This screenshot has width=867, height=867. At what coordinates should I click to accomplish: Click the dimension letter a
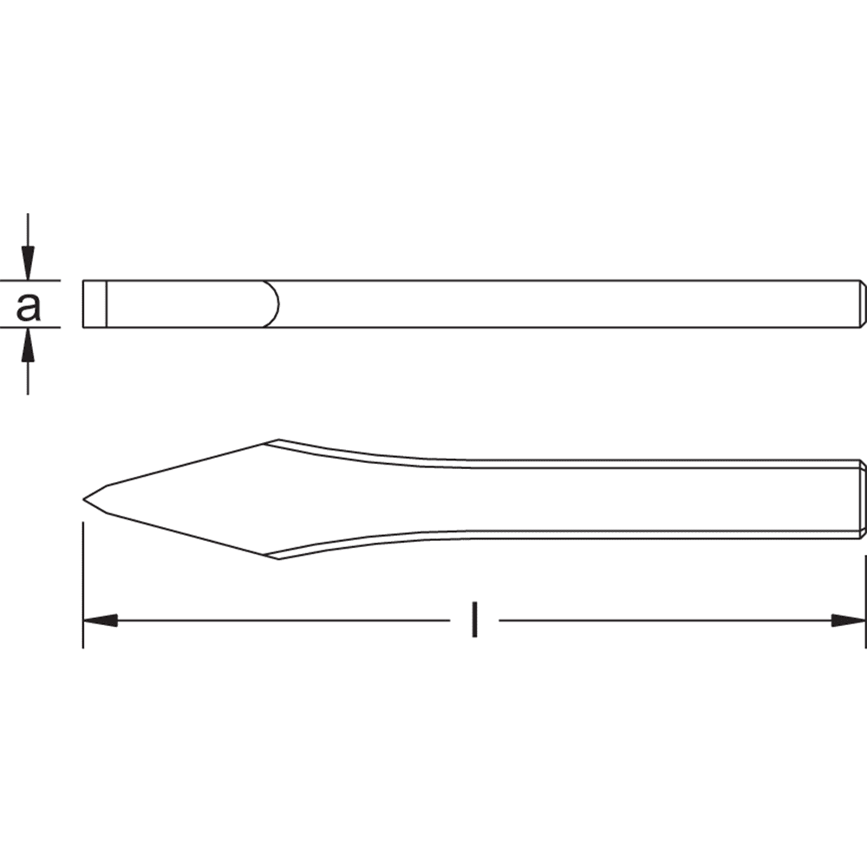pos(29,307)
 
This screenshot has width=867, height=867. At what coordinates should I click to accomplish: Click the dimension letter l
pos(474,620)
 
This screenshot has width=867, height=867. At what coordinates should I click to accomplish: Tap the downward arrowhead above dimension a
pos(29,263)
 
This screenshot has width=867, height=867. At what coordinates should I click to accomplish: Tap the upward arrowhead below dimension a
pos(29,345)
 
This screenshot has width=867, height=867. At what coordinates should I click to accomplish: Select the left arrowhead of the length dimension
pos(100,621)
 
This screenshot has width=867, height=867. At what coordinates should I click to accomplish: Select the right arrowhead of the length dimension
pos(849,621)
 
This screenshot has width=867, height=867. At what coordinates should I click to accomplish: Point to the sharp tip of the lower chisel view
pos(83,499)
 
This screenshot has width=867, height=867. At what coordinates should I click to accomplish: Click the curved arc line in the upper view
pos(273,303)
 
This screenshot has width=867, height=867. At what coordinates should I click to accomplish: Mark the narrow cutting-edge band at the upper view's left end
pos(95,303)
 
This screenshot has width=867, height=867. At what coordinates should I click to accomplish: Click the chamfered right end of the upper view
pos(863,303)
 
